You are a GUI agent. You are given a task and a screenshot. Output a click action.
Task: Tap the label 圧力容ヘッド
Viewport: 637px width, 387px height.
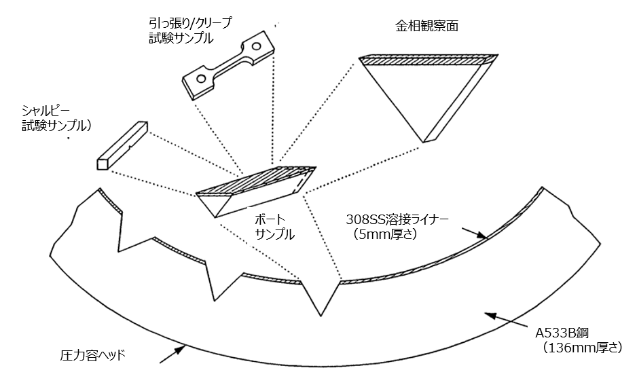pos(94,355)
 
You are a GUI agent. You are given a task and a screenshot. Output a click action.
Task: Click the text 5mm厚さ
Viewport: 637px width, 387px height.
pos(384,236)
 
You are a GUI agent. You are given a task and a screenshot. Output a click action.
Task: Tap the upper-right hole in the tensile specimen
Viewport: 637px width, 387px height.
pos(256,47)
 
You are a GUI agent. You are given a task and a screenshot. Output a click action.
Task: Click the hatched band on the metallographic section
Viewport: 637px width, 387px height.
pos(422,61)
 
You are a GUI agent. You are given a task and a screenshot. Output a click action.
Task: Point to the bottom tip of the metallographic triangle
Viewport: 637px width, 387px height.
pos(426,141)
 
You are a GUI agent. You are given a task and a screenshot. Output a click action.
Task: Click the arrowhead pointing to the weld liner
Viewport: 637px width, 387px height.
pos(484,236)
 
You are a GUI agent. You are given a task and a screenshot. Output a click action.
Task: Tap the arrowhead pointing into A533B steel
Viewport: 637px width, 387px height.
pos(488,313)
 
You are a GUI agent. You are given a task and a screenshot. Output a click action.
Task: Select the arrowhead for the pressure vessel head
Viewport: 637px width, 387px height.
pos(182,349)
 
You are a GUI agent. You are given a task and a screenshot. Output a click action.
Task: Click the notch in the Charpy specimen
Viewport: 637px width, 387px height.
pos(129,145)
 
